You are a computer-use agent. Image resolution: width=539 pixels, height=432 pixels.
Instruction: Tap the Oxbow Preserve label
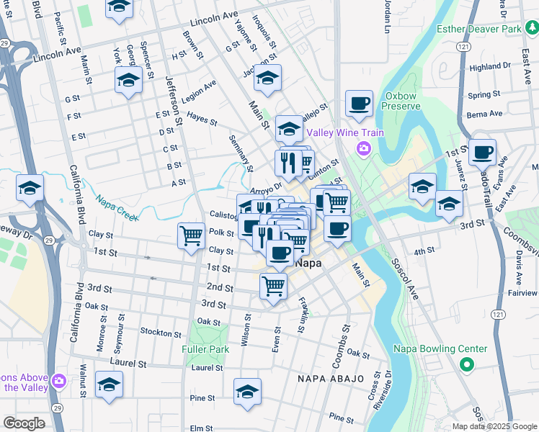pyautogui.click(x=402, y=101)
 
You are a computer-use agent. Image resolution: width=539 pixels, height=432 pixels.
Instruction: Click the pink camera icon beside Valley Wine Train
pyautogui.click(x=364, y=148)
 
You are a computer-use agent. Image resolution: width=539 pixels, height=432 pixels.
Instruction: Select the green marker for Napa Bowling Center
pyautogui.click(x=466, y=365)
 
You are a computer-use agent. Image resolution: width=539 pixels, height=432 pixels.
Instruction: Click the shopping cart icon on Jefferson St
pyautogui.click(x=191, y=235)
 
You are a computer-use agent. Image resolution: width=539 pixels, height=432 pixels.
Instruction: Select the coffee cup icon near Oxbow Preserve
pyautogui.click(x=359, y=103)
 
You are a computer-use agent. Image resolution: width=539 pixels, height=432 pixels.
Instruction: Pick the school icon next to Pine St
pyautogui.click(x=247, y=391)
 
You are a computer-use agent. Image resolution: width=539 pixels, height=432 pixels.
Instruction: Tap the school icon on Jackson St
pyautogui.click(x=267, y=78)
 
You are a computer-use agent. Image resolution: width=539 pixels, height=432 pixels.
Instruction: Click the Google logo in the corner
pyautogui.click(x=24, y=423)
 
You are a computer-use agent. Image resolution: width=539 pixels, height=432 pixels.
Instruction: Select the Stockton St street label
pyautogui.click(x=161, y=333)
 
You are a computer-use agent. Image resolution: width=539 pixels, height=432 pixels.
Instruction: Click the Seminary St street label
pyautogui.click(x=241, y=153)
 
